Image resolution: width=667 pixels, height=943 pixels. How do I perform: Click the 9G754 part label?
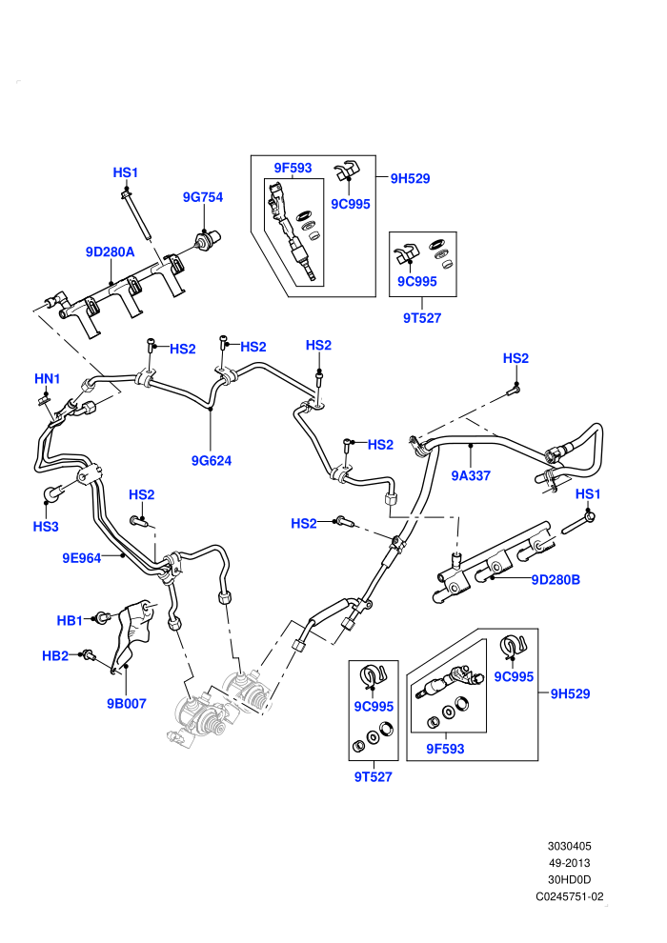click(x=203, y=197)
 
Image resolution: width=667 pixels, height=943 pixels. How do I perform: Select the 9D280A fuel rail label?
click(x=111, y=252)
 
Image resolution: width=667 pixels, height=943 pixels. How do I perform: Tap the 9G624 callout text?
click(x=212, y=461)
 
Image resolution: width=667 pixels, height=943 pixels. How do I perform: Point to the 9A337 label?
click(x=471, y=475)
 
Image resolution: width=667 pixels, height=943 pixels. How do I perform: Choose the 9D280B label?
click(x=556, y=580)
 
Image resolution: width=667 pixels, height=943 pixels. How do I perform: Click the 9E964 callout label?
click(x=82, y=558)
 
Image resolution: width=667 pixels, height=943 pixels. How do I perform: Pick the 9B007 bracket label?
click(x=127, y=703)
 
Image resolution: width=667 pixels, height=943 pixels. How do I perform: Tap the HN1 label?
click(x=47, y=379)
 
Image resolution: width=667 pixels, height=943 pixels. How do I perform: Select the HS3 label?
click(x=46, y=527)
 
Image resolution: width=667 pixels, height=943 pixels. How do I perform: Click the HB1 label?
click(x=70, y=620)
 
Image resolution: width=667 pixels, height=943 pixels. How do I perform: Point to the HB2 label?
click(x=54, y=655)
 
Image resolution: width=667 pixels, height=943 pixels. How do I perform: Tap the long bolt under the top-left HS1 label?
click(x=136, y=212)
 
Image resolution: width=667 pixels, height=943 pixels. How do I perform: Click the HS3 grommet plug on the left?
click(x=53, y=493)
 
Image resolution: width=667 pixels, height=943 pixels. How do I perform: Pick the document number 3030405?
click(x=569, y=846)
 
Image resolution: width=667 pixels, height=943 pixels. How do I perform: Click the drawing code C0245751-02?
click(x=570, y=896)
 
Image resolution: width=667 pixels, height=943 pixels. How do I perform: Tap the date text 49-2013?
click(x=569, y=863)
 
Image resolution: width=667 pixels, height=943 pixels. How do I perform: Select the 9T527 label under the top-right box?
click(x=422, y=318)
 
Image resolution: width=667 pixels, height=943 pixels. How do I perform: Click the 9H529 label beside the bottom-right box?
click(x=570, y=693)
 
